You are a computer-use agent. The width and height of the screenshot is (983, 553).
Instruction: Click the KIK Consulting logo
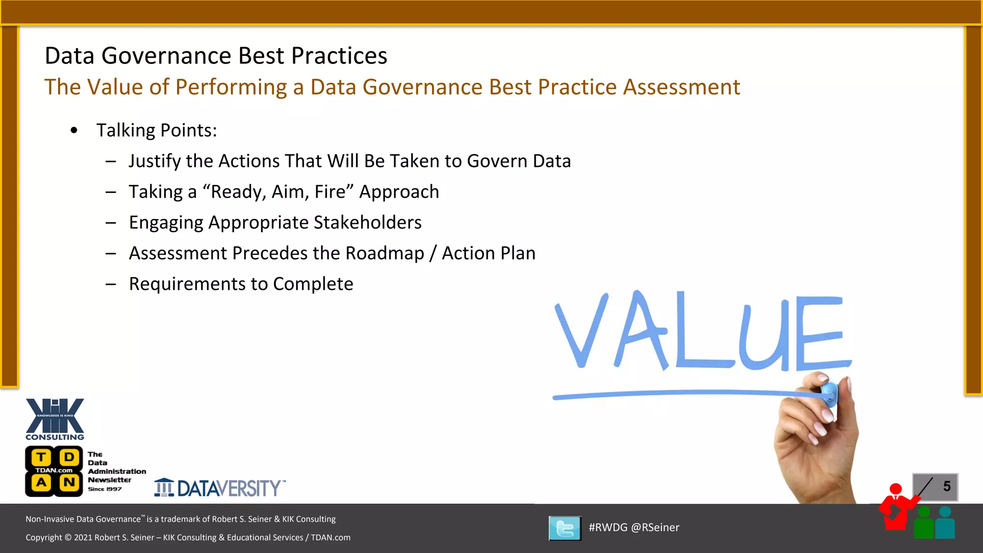click(55, 419)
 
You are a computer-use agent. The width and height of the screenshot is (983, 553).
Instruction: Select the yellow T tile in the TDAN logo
click(42, 457)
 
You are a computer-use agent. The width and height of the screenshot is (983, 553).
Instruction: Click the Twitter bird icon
click(565, 528)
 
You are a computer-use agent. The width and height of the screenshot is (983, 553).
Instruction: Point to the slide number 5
click(947, 486)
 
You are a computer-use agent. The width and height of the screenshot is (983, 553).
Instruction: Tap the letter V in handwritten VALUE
click(581, 331)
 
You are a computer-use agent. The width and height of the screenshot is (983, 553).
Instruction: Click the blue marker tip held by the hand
click(829, 393)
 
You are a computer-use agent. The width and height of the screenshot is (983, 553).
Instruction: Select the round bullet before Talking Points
click(74, 131)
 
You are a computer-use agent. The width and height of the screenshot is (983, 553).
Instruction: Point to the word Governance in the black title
click(193, 56)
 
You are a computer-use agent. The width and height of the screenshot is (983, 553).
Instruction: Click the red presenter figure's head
click(896, 489)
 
